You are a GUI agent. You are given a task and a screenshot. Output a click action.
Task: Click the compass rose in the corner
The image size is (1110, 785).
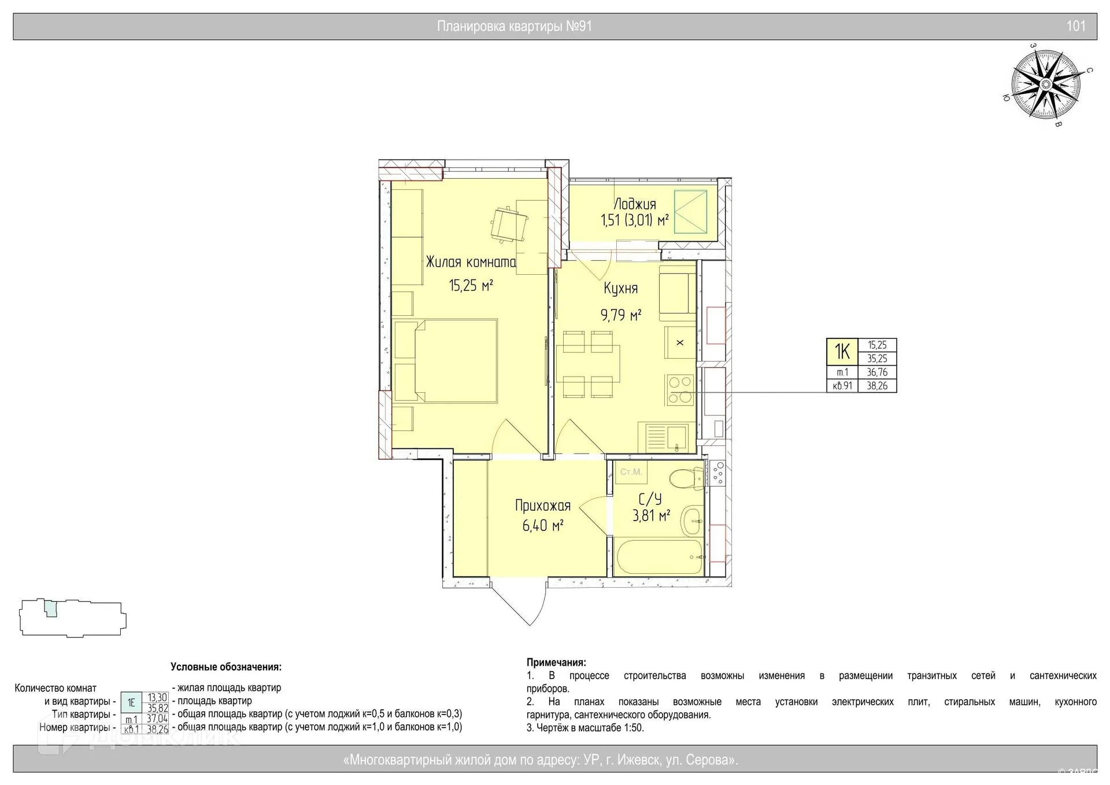[1046, 85]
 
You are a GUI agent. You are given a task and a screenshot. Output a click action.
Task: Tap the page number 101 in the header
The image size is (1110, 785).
[1075, 26]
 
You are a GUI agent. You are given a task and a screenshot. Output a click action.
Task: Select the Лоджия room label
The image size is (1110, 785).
[634, 204]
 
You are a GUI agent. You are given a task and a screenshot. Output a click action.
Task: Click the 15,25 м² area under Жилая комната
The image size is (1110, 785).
[471, 285]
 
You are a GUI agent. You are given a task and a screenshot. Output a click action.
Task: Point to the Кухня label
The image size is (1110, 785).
[620, 288]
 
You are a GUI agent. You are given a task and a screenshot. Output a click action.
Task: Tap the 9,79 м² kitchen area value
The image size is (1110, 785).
[620, 315]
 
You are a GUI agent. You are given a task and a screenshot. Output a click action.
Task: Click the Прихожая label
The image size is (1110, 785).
[542, 506]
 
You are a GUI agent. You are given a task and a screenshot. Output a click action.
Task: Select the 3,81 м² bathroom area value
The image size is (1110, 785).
[651, 515]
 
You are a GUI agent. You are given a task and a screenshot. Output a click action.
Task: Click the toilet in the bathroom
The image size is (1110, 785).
[686, 479]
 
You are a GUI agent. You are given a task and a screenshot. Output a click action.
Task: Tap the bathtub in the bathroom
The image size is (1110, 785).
[660, 558]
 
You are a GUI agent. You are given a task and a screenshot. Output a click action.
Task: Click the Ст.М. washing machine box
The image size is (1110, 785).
[631, 472]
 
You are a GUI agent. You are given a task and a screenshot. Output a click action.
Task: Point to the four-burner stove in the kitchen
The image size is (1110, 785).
[680, 389]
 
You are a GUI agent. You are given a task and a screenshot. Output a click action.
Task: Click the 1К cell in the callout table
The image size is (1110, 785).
[842, 352]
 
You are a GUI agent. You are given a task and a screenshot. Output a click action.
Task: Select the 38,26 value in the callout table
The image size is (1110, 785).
[877, 386]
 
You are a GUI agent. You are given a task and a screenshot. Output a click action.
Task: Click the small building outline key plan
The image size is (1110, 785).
[73, 618]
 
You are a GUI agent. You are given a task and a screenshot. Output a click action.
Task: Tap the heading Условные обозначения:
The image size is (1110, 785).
[226, 667]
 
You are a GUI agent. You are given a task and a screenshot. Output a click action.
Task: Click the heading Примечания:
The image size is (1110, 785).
[556, 662]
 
